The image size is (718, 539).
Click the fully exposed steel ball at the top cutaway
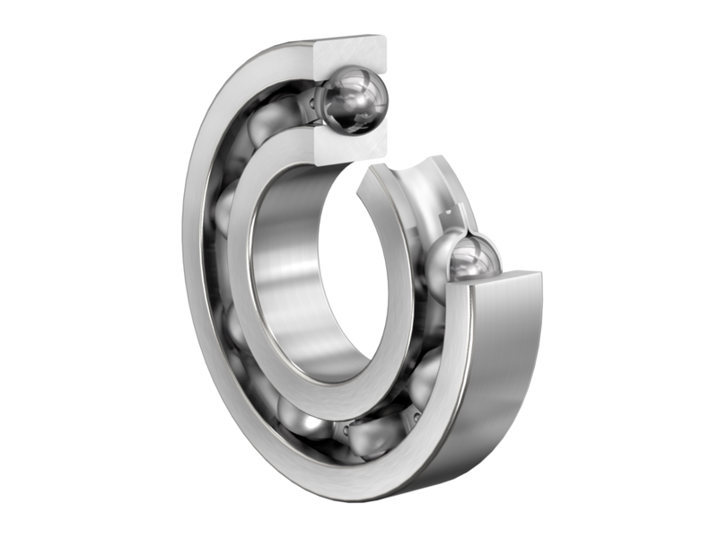(355, 101)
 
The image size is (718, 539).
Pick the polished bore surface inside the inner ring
(287, 269)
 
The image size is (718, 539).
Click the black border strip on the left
(31, 269)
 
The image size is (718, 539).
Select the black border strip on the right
(687, 269)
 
